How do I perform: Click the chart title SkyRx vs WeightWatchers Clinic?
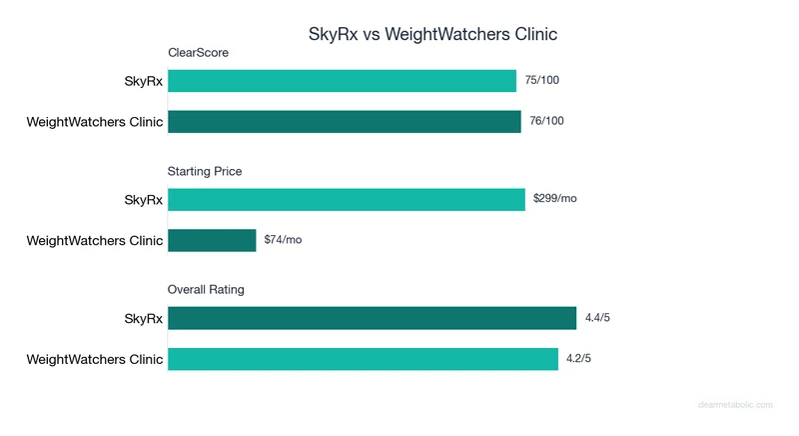click(431, 34)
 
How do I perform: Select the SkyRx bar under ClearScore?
click(342, 81)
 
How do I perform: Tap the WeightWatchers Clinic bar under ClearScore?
click(345, 122)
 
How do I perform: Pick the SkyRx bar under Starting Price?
click(347, 199)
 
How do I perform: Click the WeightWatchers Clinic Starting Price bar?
click(212, 240)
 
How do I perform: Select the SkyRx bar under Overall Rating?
click(372, 318)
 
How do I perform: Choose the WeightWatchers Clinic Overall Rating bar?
click(363, 359)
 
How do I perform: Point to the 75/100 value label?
click(545, 81)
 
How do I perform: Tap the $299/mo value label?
click(555, 199)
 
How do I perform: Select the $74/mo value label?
click(283, 240)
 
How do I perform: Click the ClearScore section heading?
click(198, 53)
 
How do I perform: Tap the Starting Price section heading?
click(205, 171)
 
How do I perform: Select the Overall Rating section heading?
click(206, 290)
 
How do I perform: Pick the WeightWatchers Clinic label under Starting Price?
click(94, 241)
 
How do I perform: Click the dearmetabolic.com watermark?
click(735, 405)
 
